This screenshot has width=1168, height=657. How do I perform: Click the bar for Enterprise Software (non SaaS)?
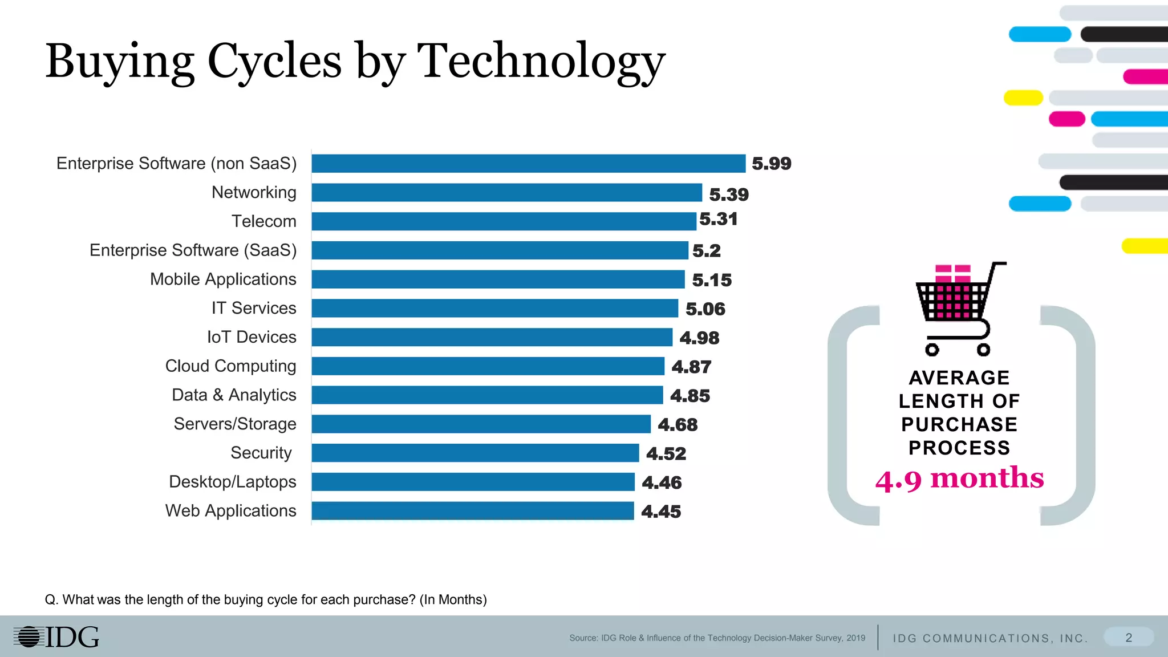[528, 164]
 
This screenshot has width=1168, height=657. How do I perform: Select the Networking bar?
[506, 193]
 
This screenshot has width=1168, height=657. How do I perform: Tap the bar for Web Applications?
[472, 511]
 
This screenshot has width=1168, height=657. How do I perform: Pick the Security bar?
[475, 453]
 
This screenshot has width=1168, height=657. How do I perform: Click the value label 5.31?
[719, 219]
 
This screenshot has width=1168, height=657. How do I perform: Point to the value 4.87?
[691, 367]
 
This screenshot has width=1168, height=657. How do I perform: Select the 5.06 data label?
[705, 309]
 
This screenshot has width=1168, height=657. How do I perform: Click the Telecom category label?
[264, 221]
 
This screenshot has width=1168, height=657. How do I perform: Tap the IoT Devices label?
[252, 337]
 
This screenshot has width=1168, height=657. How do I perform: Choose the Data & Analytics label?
[234, 395]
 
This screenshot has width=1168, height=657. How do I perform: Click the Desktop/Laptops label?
[233, 482]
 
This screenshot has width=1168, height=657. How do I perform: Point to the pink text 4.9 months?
[960, 478]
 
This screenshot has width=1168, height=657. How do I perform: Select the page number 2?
[1129, 638]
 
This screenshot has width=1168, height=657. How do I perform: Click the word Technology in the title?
[541, 62]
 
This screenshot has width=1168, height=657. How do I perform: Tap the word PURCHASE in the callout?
[959, 425]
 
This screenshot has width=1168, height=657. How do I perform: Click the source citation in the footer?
[717, 638]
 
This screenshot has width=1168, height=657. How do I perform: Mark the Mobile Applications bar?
[498, 279]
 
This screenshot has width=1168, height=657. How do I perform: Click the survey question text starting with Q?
[266, 600]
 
